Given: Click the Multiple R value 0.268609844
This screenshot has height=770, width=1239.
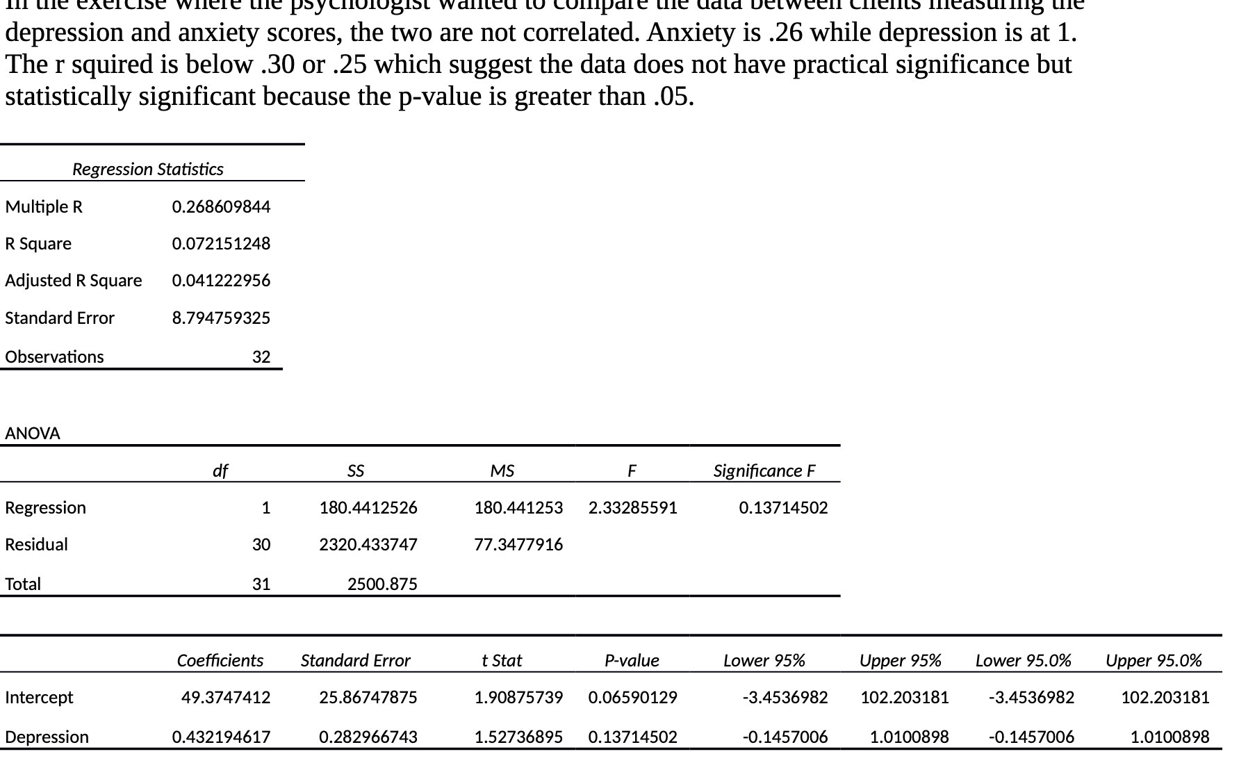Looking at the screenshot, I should tap(221, 207).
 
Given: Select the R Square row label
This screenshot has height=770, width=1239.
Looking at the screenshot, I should tap(38, 244).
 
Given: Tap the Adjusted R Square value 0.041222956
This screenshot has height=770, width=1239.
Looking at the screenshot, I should tap(221, 281).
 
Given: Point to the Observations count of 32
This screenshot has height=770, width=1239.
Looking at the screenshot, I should tap(261, 357).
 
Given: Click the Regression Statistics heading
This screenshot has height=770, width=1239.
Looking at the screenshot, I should tap(148, 170).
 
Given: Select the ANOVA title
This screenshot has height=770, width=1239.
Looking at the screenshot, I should tap(33, 434).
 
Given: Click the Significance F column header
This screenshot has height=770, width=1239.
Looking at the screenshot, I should tap(764, 471).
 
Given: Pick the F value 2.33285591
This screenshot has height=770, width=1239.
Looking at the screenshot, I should tap(632, 508).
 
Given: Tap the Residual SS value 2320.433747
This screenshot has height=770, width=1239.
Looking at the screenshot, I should tap(368, 545).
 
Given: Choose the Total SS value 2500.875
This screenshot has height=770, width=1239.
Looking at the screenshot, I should tap(382, 584).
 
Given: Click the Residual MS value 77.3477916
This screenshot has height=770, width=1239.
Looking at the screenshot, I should tap(518, 545).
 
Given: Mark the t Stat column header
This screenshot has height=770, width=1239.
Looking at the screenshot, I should tap(502, 661).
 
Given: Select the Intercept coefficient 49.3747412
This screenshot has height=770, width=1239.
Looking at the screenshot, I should tap(226, 698).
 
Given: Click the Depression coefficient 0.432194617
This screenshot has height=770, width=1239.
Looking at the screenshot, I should tap(221, 737).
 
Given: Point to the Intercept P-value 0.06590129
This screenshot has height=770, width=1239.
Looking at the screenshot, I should tap(632, 698).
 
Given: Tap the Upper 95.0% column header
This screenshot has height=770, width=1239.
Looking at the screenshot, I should tap(1154, 661).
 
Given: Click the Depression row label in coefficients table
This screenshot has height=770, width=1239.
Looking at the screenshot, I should tap(47, 737).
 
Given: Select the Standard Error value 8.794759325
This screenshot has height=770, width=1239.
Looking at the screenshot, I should tap(221, 318).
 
